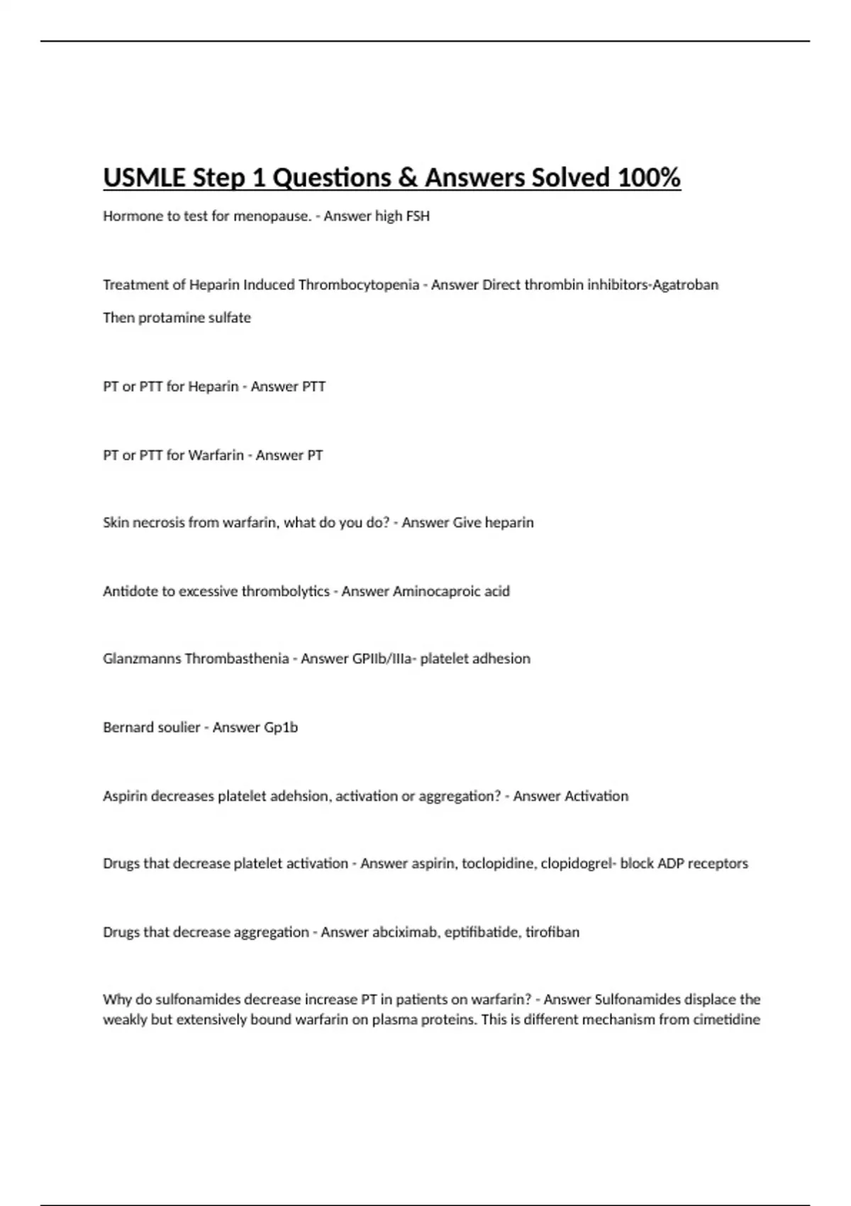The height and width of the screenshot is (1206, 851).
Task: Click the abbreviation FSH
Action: point(417,216)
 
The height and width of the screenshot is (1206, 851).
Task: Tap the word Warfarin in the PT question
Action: point(216,455)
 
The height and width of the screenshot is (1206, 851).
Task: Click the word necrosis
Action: point(157,523)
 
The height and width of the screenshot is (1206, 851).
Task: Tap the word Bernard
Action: point(126,728)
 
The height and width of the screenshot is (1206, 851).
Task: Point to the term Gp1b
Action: point(281,728)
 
